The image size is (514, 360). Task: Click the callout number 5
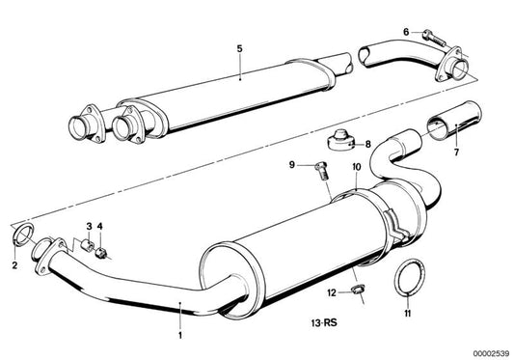[239, 46]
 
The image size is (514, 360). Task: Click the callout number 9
[288, 166]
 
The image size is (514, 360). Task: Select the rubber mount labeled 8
[339, 143]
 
